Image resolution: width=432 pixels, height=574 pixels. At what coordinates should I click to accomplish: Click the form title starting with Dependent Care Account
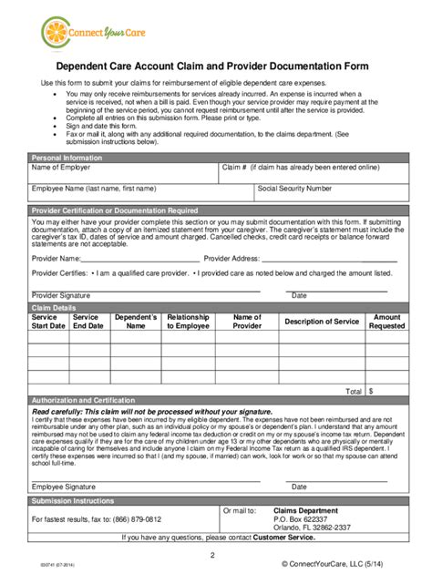click(215, 67)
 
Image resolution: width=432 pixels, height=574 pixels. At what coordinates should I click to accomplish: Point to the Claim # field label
click(300, 169)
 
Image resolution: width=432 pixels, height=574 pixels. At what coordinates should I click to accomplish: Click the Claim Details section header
click(54, 309)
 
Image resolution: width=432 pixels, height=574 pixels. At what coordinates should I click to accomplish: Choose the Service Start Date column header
click(49, 322)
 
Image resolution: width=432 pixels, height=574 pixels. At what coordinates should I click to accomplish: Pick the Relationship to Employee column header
click(189, 322)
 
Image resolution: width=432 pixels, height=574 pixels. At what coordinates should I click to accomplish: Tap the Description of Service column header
click(322, 322)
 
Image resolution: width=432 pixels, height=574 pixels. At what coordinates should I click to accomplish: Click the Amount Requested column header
click(386, 322)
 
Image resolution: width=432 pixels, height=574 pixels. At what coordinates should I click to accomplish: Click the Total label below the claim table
click(354, 391)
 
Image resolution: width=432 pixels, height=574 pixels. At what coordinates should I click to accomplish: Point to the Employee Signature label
click(64, 487)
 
